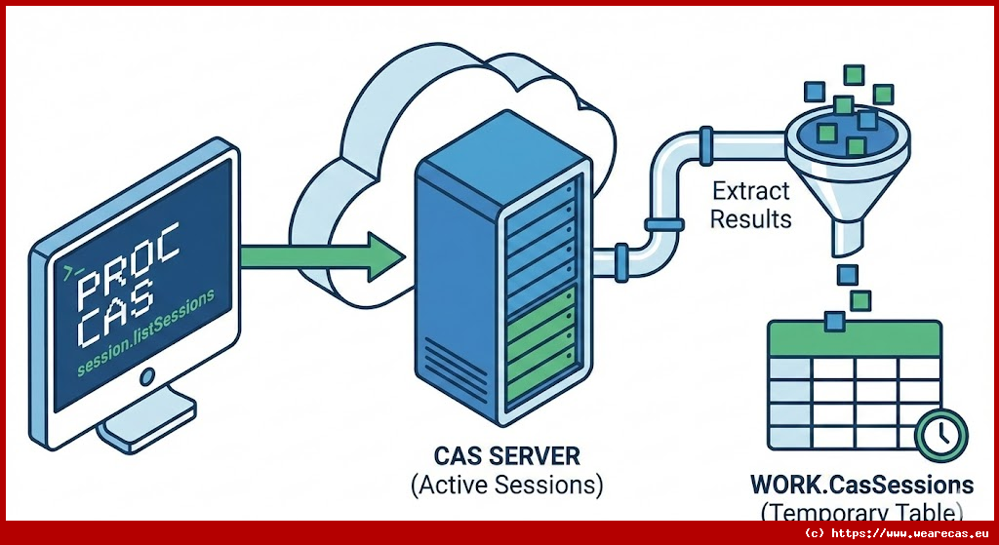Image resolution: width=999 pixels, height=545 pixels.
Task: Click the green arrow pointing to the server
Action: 322,256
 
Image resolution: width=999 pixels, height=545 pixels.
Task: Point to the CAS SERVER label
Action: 506,456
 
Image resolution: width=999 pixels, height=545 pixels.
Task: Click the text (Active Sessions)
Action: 506,484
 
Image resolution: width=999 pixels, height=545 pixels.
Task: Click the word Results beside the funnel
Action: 751,218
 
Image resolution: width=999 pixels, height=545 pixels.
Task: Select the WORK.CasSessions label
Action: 861,485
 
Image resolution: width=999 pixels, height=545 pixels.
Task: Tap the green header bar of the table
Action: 855,337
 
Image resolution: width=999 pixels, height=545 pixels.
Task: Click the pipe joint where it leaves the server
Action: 615,261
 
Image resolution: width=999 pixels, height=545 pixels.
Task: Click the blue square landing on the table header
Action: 836,320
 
